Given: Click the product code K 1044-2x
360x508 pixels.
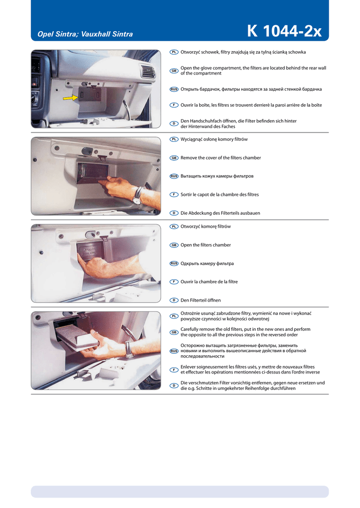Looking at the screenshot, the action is pos(284,31).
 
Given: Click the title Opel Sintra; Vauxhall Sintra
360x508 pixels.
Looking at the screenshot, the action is pos(85,34).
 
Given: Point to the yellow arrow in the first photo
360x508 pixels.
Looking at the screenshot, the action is pos(71,98).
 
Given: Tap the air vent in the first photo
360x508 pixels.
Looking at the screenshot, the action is pos(147,71).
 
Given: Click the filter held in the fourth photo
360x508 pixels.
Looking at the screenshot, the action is pos(77,337).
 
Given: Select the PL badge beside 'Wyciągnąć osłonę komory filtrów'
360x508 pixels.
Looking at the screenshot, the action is pos(174,139).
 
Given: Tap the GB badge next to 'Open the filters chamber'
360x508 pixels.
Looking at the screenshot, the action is pos(174,245).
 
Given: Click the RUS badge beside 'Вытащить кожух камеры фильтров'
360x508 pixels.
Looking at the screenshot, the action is pos(174,176).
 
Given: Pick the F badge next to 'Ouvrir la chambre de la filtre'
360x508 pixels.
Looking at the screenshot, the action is pos(174,282).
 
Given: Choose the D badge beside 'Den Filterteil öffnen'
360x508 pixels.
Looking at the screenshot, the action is pos(174,300).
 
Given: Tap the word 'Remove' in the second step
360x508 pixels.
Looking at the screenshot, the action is pos(189,158).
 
